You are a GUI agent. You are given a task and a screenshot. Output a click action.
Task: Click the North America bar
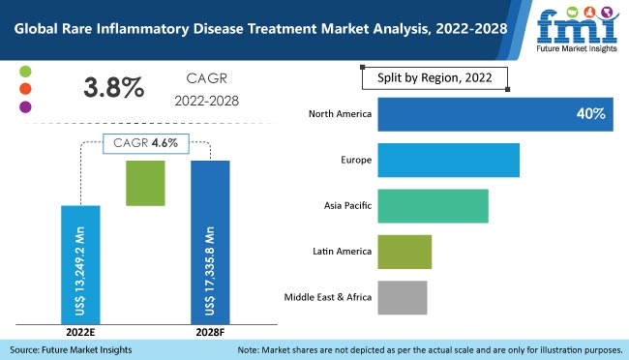coord(494,114)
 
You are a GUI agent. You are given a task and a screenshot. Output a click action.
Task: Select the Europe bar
coord(448,160)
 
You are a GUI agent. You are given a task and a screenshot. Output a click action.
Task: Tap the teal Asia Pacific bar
coord(433,206)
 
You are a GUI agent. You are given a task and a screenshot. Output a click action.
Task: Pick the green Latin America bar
coord(404,252)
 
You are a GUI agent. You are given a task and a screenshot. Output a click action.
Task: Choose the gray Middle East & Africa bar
coord(402,297)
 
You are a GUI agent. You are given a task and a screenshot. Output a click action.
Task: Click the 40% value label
coord(589,114)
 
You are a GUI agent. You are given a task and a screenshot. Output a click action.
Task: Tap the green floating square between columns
coord(146,183)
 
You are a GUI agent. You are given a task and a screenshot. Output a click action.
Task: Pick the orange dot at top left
coord(25,89)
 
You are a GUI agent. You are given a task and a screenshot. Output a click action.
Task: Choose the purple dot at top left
coord(25,106)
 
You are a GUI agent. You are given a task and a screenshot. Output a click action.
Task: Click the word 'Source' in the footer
coord(27,348)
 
